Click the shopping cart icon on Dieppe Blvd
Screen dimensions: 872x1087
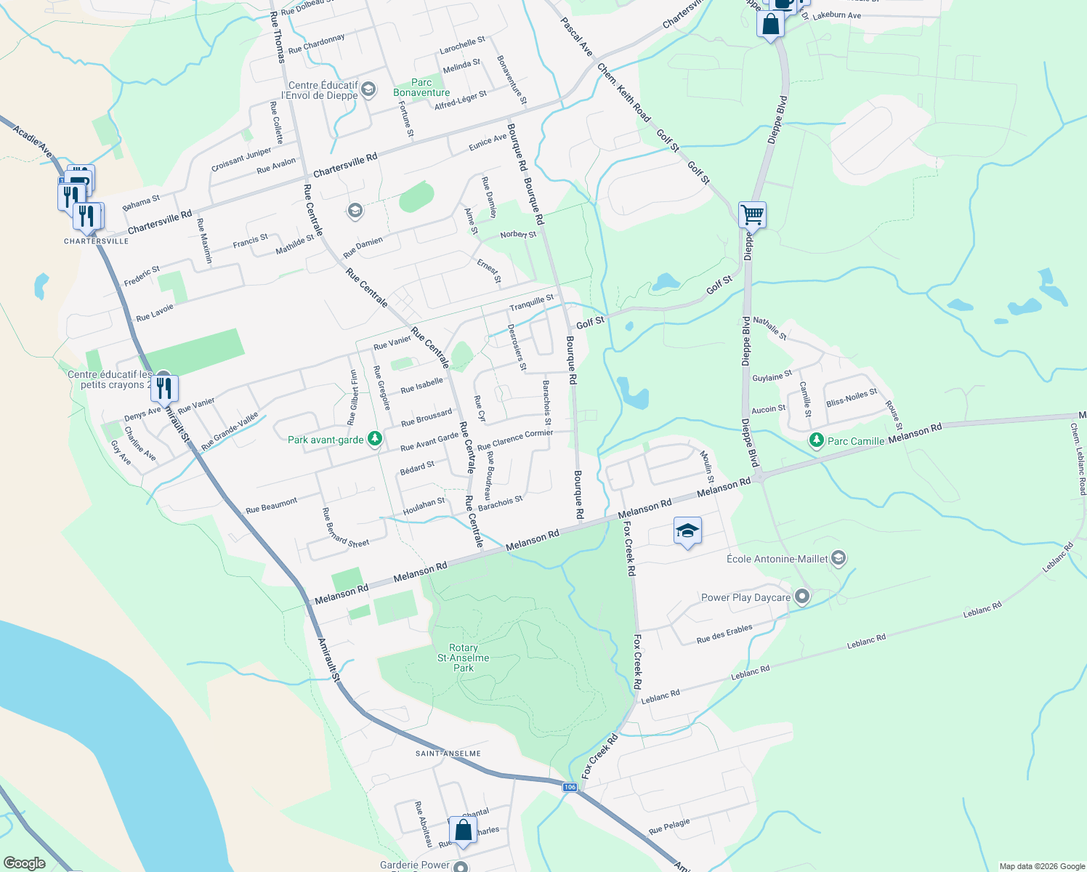(752, 214)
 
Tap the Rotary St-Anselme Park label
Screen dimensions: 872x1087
(464, 658)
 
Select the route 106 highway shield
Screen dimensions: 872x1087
(570, 787)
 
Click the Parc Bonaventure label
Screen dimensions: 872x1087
(421, 88)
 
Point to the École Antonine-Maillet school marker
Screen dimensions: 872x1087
(839, 558)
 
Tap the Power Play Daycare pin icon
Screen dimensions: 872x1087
(802, 597)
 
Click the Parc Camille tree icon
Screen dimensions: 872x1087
(817, 440)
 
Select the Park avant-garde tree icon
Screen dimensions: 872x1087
(374, 438)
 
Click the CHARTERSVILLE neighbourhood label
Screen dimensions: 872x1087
(96, 241)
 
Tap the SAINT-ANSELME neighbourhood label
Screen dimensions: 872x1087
(448, 754)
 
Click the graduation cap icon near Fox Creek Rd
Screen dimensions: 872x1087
(687, 531)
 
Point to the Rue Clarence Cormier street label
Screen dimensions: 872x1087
(515, 439)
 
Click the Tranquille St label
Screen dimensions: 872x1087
(531, 302)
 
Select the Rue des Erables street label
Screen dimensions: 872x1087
(724, 634)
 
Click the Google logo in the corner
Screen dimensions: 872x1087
(25, 863)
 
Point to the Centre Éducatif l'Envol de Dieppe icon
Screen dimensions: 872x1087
(368, 89)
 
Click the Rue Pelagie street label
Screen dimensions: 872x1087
(668, 826)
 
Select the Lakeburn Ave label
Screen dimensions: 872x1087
(836, 15)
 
